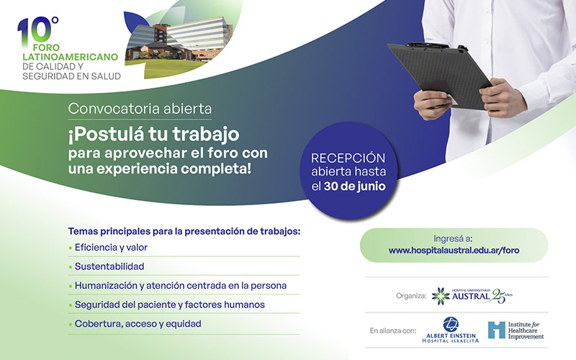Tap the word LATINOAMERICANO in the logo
point(70,57)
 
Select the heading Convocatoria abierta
point(140,109)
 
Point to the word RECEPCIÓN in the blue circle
point(348,158)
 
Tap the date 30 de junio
point(354,186)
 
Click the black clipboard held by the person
point(440,76)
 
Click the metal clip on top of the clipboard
point(427,45)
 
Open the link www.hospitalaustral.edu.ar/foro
point(454,251)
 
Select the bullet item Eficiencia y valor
point(111,248)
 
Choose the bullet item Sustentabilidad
point(109,266)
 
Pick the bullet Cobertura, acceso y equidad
point(138,324)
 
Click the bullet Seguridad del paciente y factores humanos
point(170,305)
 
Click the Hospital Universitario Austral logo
point(472,296)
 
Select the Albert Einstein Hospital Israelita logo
point(451,330)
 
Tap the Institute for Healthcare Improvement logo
point(516,330)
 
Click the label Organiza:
point(411,296)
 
